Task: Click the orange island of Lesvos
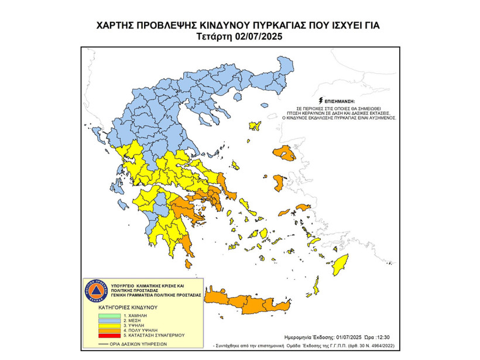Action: click(x=284, y=153)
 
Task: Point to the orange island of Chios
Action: click(x=279, y=184)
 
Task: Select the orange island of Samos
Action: click(x=303, y=207)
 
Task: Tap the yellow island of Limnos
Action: click(x=255, y=125)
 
